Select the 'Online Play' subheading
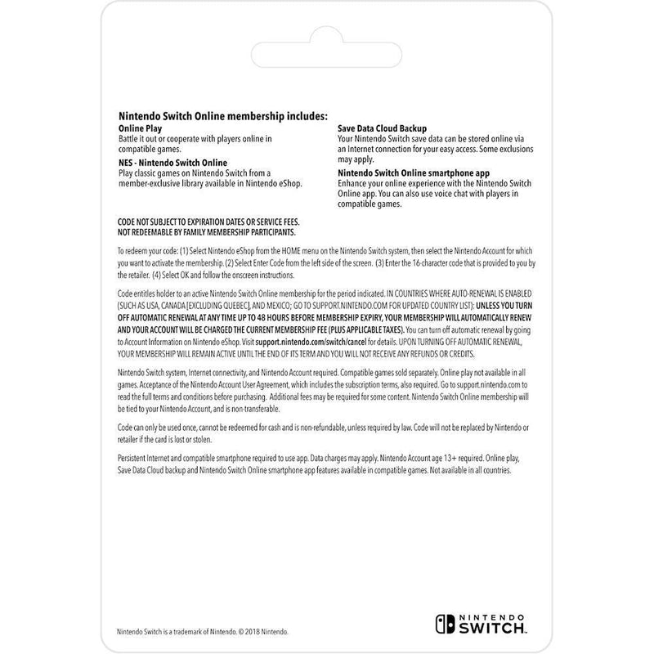(141, 128)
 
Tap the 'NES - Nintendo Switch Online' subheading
(172, 163)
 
